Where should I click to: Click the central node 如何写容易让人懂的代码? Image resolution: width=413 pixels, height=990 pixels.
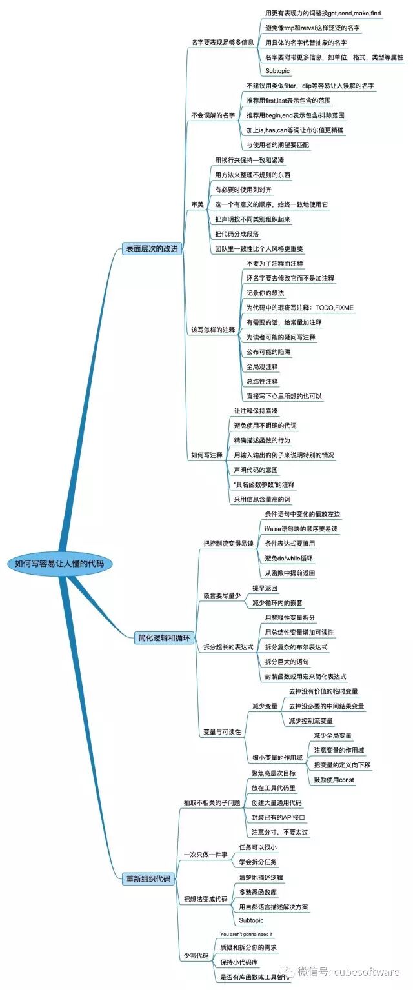point(63,563)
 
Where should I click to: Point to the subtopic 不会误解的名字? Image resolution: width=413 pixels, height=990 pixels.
point(213,115)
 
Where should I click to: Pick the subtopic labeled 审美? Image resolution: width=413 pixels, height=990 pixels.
point(197,204)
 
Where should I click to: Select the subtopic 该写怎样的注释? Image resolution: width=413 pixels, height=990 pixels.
point(213,330)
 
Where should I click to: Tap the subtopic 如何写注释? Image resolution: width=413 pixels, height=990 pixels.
point(206,455)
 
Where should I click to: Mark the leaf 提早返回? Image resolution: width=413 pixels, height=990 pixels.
point(265,588)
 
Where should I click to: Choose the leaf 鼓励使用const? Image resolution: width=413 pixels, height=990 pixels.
point(334,780)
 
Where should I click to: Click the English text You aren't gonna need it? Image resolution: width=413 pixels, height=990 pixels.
point(247,934)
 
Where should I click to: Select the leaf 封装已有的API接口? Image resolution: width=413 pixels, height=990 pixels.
point(277,817)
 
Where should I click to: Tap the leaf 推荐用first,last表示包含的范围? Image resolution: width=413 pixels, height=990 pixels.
point(289,101)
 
